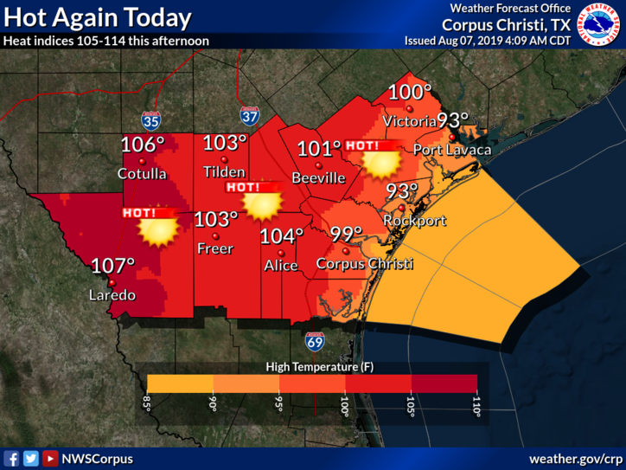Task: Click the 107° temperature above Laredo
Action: [113, 267]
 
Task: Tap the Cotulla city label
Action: [142, 174]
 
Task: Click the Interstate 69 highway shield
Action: [314, 341]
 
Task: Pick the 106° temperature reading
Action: [143, 145]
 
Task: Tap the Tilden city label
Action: [223, 171]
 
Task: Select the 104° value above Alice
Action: [282, 236]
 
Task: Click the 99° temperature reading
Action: [347, 235]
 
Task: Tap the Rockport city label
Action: [415, 221]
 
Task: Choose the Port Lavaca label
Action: [451, 150]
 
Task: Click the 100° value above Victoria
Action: [409, 93]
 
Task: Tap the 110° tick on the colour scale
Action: [477, 407]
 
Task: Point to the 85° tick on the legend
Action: [148, 405]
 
